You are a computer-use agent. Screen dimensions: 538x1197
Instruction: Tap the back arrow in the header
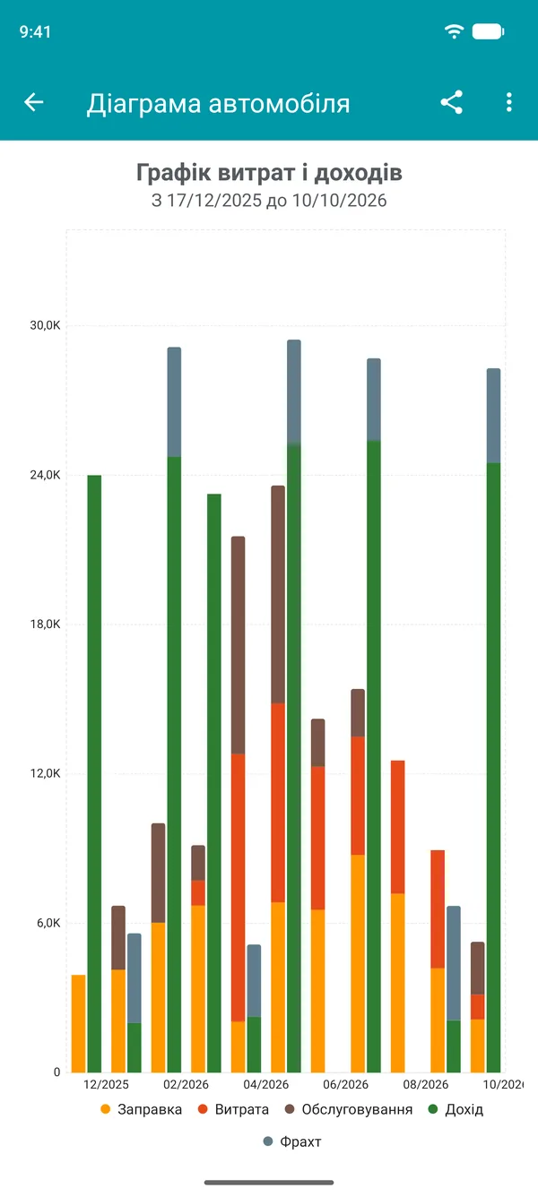pos(33,102)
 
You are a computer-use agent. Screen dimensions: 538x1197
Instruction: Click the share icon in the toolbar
pos(451,102)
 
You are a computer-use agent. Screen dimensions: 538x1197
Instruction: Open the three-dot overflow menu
pos(508,102)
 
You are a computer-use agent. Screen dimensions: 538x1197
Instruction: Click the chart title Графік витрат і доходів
pos(269,173)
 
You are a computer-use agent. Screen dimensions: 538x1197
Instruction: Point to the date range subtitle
pos(269,201)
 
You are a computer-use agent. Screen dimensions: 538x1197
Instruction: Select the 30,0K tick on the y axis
pos(45,325)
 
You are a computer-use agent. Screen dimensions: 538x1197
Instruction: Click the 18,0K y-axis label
pos(45,624)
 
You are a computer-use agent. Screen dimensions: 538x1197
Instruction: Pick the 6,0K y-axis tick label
pos(48,923)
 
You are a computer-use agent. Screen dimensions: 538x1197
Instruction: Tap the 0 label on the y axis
pos(56,1072)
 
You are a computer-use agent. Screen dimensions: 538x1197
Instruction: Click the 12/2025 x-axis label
pos(106,1085)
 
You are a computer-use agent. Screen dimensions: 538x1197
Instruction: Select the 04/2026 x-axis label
pos(265,1085)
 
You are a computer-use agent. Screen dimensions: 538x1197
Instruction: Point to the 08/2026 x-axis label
pos(426,1085)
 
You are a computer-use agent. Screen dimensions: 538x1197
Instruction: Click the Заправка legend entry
pos(141,1110)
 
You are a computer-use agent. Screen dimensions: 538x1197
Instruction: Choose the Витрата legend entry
pos(233,1110)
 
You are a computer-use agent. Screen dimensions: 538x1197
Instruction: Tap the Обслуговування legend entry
pos(349,1110)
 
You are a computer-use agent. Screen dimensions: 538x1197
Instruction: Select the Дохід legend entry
pos(456,1110)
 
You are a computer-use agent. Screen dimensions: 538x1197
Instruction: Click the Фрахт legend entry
pos(292,1142)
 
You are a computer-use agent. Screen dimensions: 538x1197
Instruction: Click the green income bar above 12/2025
pos(94,773)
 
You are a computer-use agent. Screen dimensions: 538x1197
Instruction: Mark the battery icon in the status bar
pos(488,31)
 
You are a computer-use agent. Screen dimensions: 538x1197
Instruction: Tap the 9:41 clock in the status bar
pos(35,32)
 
